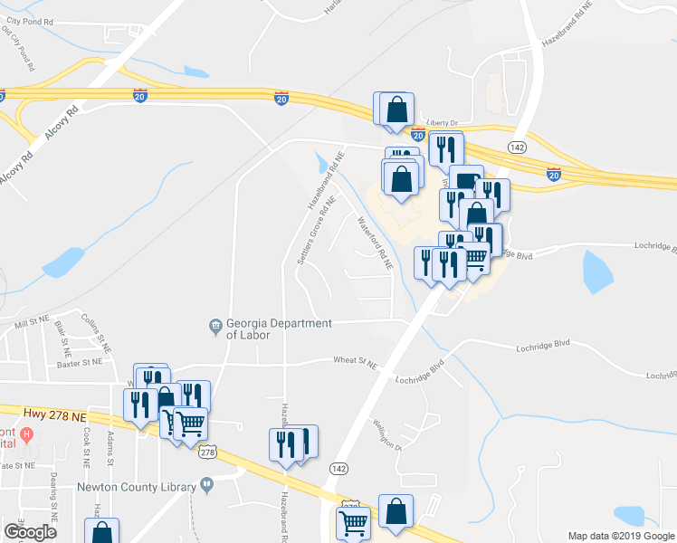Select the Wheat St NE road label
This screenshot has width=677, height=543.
coord(354,362)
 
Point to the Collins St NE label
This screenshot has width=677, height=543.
coord(96,333)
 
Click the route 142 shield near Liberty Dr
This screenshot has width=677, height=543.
coord(517,147)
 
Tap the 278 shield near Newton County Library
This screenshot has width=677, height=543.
coord(207,452)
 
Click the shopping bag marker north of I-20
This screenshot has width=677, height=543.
coord(396,110)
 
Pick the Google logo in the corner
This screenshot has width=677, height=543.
coord(30,532)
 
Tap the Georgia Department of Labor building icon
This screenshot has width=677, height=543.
coord(215,326)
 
